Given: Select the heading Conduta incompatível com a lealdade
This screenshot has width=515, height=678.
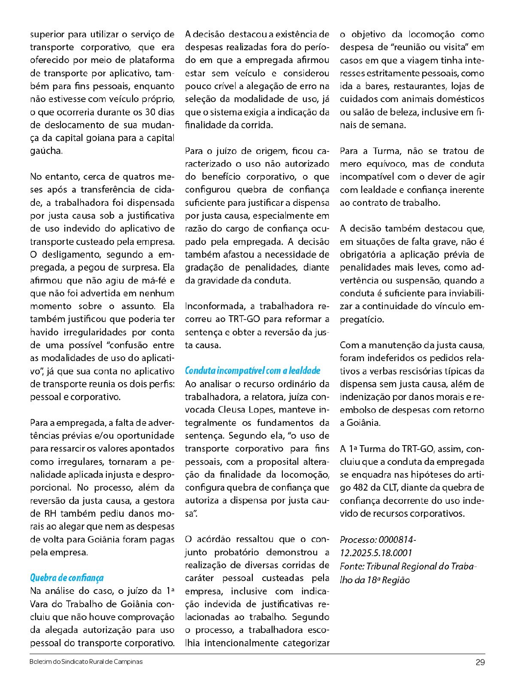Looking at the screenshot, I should pos(252,371).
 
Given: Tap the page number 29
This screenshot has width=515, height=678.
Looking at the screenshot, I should pos(480,662).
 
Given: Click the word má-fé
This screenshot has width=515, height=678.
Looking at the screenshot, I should pos(154,280).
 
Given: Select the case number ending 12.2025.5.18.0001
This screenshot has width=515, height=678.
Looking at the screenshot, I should pos(376,553).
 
